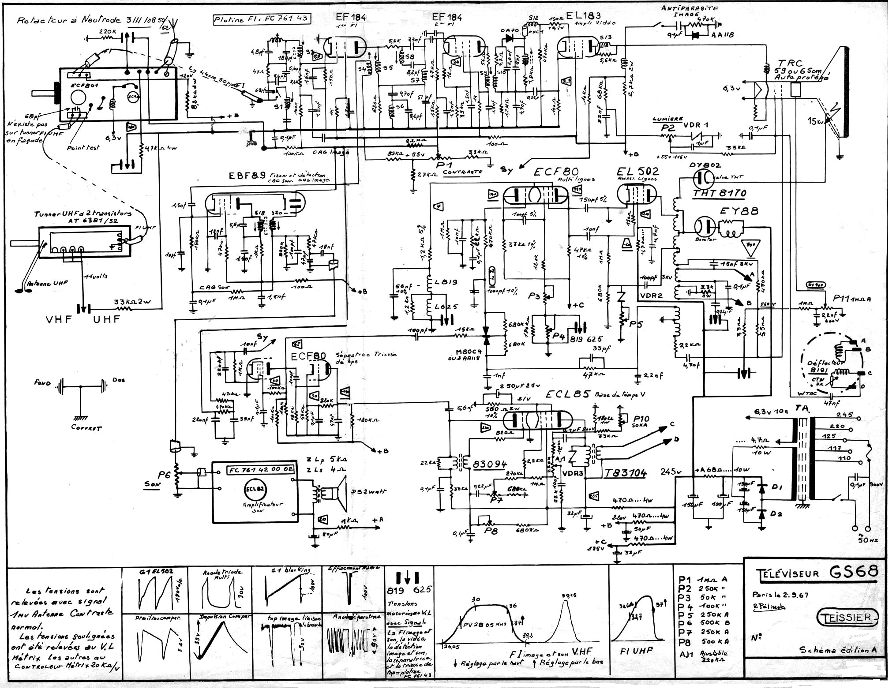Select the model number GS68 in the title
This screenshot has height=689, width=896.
tap(853, 572)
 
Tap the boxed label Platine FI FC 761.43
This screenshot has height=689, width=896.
tap(261, 19)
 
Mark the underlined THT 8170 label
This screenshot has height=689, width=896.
tap(719, 193)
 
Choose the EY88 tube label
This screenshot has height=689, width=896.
tap(739, 211)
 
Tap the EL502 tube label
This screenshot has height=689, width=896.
tap(637, 171)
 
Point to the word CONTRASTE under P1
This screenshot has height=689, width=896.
tap(462, 172)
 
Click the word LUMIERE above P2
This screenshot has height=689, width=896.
tap(667, 119)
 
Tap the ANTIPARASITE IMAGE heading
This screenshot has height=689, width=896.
tap(690, 11)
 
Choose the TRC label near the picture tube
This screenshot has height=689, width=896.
tap(790, 63)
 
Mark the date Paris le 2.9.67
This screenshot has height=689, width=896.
tap(780, 594)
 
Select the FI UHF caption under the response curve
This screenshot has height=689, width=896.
tap(636, 651)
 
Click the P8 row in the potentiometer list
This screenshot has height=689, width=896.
tap(703, 642)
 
